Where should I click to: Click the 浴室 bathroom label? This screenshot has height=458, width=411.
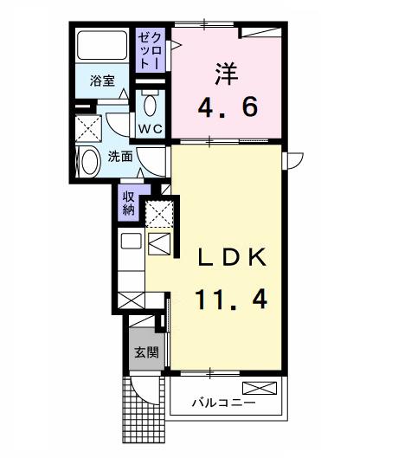click(102, 81)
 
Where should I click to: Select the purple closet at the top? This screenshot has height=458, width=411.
click(149, 50)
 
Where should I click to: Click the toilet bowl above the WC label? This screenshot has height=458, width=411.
click(151, 106)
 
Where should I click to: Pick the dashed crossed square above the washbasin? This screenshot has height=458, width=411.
click(88, 129)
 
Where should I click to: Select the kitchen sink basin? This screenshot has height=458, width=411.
click(131, 242)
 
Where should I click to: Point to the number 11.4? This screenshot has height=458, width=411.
click(229, 300)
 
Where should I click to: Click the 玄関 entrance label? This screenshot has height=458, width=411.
click(146, 352)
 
